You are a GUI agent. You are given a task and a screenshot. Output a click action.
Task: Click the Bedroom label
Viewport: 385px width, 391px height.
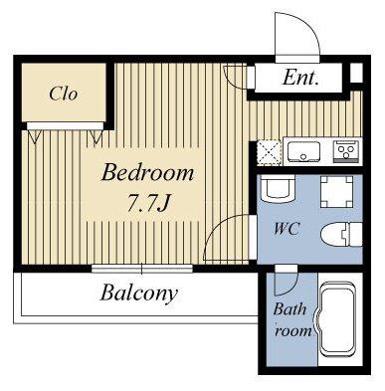click(147, 173)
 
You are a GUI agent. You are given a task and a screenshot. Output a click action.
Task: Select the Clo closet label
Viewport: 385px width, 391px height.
click(64, 94)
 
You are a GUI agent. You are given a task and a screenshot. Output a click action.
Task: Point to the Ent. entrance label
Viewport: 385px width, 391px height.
click(300, 78)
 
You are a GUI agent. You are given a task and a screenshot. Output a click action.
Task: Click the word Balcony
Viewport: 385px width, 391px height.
click(139, 293)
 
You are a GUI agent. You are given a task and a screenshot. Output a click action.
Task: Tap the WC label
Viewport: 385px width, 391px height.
click(287, 229)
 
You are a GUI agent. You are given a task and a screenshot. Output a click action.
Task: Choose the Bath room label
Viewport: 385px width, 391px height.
click(291, 320)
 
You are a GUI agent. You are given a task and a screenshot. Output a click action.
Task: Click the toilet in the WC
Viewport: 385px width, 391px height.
click(341, 234)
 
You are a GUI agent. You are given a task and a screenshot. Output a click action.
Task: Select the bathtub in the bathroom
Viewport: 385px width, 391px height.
click(338, 319)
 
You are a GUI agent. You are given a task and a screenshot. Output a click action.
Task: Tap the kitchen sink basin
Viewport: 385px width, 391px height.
click(303, 151)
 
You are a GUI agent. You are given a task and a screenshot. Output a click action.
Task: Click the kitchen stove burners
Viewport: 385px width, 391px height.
click(346, 151)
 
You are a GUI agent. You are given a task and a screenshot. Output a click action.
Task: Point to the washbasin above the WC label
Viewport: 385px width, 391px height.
click(278, 189)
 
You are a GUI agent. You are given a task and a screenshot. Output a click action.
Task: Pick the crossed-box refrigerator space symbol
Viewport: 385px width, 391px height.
click(270, 152)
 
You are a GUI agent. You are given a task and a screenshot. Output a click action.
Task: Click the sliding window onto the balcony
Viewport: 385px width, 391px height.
click(142, 269)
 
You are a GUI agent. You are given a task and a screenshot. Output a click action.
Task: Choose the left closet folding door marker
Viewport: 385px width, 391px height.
click(34, 136)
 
